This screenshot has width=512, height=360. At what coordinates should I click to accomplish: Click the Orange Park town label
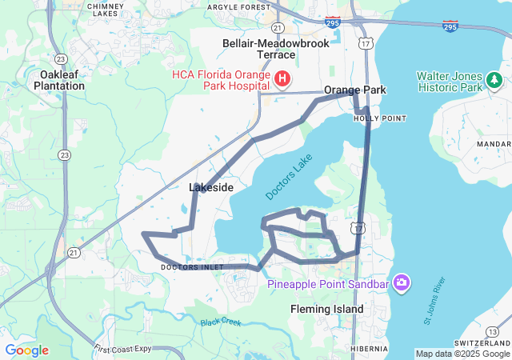354,90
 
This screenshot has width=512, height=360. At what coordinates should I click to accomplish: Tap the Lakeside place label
211,187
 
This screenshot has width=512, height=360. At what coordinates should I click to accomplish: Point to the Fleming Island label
326,309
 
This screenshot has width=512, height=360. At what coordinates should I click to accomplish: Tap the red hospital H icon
282,78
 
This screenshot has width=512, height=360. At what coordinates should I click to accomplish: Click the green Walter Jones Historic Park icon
494,80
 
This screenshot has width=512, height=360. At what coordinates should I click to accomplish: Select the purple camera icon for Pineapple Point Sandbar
401,283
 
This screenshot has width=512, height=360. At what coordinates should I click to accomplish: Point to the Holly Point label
380,118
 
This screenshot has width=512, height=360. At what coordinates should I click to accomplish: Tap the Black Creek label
221,322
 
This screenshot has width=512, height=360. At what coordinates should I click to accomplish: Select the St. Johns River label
436,301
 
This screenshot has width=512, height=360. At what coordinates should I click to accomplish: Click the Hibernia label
369,349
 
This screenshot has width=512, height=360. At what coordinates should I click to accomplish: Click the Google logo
26,350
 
